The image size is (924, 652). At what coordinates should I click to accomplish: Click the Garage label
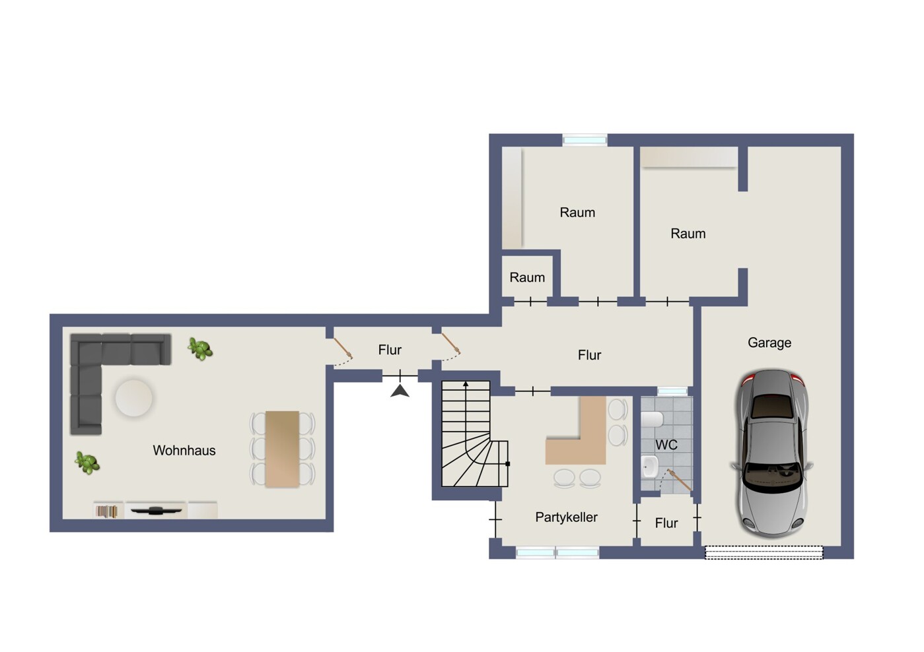pyautogui.click(x=769, y=342)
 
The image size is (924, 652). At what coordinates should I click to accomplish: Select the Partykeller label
pyautogui.click(x=566, y=517)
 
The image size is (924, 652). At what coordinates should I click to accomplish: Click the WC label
pyautogui.click(x=666, y=445)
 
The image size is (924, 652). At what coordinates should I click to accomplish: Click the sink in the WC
pyautogui.click(x=649, y=467)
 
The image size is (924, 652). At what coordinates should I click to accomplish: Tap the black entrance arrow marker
pyautogui.click(x=400, y=391)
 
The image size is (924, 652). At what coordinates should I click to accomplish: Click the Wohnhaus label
pyautogui.click(x=184, y=450)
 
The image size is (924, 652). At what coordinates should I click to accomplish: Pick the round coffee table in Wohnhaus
pyautogui.click(x=134, y=398)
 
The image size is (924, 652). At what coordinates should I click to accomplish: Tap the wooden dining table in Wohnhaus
pyautogui.click(x=282, y=449)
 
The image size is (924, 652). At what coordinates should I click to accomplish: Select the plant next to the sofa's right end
pyautogui.click(x=199, y=348)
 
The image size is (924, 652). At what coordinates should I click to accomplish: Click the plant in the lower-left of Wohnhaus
pyautogui.click(x=87, y=462)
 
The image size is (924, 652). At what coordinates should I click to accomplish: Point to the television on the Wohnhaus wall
pyautogui.click(x=156, y=510)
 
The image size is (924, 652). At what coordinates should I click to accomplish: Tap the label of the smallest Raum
pyautogui.click(x=527, y=277)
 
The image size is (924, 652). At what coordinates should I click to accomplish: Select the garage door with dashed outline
pyautogui.click(x=764, y=552)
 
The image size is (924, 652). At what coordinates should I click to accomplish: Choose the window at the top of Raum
pyautogui.click(x=585, y=140)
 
